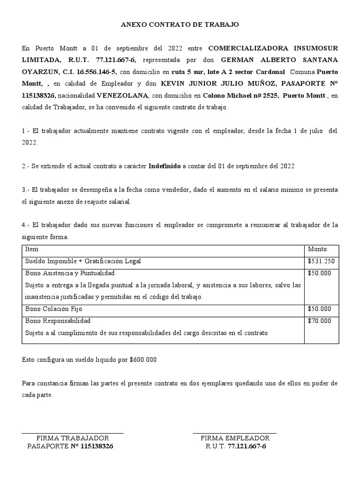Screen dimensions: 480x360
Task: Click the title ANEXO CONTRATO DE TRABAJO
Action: coord(180,25)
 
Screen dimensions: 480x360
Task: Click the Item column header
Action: coord(31,249)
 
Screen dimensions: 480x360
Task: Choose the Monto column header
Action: coord(317,249)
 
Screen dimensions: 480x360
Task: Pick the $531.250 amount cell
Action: coord(321,261)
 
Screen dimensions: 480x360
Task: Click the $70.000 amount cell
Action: coord(319,321)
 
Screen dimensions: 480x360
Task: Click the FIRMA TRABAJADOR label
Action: coord(73,438)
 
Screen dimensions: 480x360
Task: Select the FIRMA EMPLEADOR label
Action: coord(235,438)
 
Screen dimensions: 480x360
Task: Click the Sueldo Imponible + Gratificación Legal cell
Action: coord(83,261)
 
